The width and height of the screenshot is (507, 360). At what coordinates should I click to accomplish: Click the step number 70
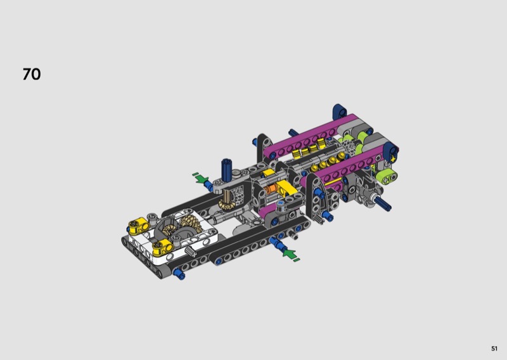(32, 74)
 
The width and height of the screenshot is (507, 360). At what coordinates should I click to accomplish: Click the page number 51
(494, 349)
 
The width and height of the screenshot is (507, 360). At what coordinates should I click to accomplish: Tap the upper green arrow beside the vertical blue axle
(200, 177)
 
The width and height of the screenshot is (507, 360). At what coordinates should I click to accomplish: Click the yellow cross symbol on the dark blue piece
(393, 159)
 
